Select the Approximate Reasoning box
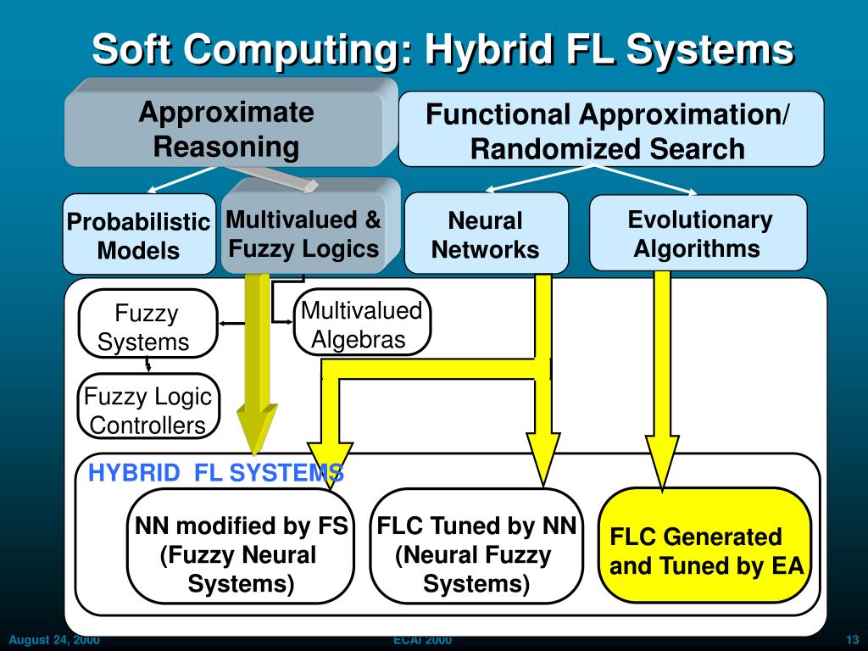tap(225, 129)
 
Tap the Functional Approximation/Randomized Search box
tap(610, 130)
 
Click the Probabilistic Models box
tap(138, 236)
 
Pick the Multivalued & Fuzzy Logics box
tap(303, 234)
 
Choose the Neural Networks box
tap(486, 235)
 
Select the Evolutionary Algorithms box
tap(698, 234)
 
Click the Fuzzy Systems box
tap(147, 327)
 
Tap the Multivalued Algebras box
tap(361, 325)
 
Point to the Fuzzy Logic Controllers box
tap(147, 410)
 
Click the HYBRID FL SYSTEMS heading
tap(215, 473)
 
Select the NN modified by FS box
tap(241, 554)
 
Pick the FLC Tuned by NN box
tap(476, 554)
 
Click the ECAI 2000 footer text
tap(423, 640)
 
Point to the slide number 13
tap(853, 640)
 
